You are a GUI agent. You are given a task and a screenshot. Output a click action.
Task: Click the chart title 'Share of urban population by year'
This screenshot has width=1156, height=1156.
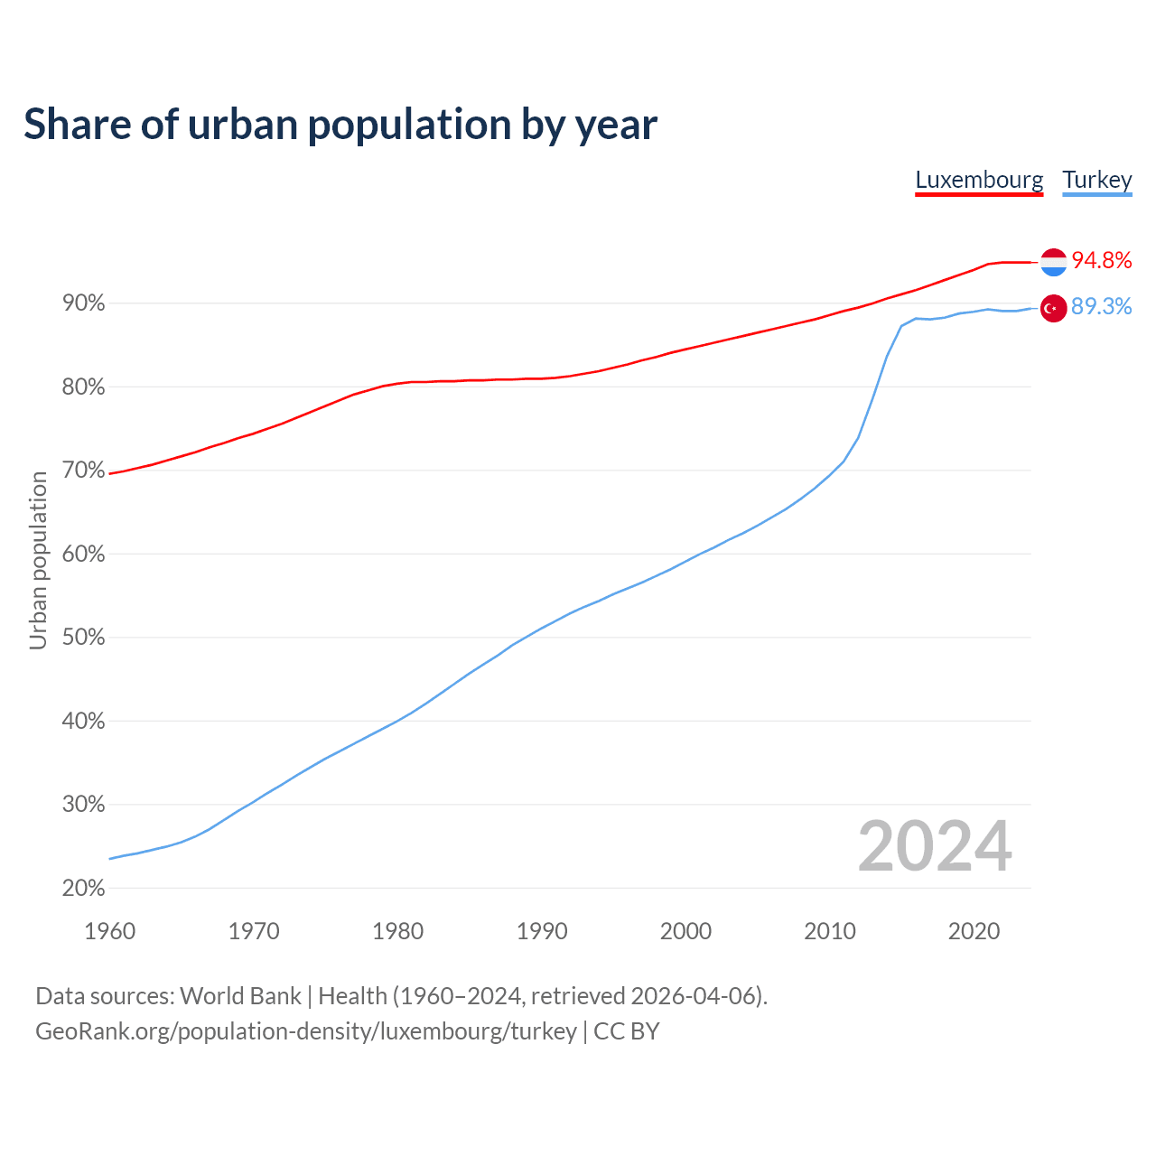[x=340, y=125]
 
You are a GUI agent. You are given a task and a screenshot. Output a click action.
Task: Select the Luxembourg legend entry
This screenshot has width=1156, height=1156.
[x=979, y=180]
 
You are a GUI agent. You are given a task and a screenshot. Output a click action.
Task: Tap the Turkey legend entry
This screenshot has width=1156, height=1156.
[x=1096, y=180]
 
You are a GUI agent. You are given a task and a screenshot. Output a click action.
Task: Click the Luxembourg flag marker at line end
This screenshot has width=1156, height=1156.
[x=1053, y=262]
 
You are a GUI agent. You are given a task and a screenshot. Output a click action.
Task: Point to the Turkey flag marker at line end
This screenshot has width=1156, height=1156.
[x=1053, y=308]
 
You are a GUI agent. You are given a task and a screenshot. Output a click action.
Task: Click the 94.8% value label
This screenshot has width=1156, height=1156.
[x=1102, y=261]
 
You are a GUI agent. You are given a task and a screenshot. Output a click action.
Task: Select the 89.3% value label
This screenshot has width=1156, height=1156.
[x=1102, y=307]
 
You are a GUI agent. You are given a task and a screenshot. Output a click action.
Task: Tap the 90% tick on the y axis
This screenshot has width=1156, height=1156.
[x=83, y=303]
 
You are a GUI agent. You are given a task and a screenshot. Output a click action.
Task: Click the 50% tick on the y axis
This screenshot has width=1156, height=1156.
[x=83, y=638]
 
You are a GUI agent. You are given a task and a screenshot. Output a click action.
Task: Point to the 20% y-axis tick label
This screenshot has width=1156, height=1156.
[x=83, y=889]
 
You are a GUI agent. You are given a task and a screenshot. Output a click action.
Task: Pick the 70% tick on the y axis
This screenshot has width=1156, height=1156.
[x=83, y=471]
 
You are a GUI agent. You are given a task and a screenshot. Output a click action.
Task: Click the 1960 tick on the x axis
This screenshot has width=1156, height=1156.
[x=109, y=931]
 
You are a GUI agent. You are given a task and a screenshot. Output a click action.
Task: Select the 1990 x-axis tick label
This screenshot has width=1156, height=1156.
[x=542, y=931]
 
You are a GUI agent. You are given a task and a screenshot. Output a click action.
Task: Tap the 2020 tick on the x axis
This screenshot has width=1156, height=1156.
[x=974, y=931]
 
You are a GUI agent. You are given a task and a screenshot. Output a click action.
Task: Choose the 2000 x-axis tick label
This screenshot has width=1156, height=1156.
[x=685, y=931]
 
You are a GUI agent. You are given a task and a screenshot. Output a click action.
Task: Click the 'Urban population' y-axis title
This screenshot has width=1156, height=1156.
[x=38, y=560]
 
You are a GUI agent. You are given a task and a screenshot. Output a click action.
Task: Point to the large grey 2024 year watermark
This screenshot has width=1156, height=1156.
[x=935, y=846]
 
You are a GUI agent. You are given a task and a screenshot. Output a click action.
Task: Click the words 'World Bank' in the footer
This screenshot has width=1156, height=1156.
[x=240, y=996]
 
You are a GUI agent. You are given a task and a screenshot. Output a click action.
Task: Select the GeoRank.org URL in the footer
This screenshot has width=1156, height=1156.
[x=306, y=1031]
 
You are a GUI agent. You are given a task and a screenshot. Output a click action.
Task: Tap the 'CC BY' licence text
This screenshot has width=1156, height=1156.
[x=627, y=1031]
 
